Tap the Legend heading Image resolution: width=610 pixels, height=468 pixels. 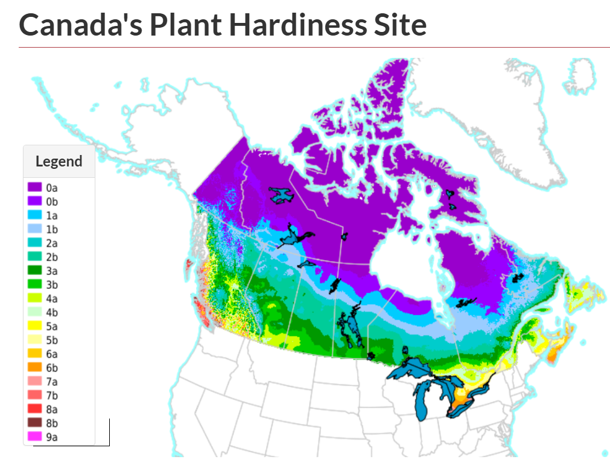point(59,162)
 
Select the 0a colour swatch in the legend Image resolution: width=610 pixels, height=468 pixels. point(34,188)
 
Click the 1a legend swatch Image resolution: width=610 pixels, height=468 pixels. point(34,215)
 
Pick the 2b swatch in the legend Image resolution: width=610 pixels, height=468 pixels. point(34,257)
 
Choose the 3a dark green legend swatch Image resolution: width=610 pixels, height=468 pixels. point(34,271)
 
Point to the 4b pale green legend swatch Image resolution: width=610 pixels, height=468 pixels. point(34,312)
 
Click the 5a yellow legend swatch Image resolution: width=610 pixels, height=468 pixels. point(34,326)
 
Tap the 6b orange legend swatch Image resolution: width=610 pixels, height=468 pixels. point(34,368)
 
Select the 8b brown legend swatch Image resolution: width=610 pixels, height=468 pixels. point(34,423)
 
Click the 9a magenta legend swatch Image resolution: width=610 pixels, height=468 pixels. point(34,437)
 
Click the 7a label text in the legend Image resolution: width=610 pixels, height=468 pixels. point(52,382)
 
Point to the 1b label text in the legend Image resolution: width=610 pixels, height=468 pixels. point(52,229)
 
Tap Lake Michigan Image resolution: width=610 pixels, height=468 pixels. point(422,401)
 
